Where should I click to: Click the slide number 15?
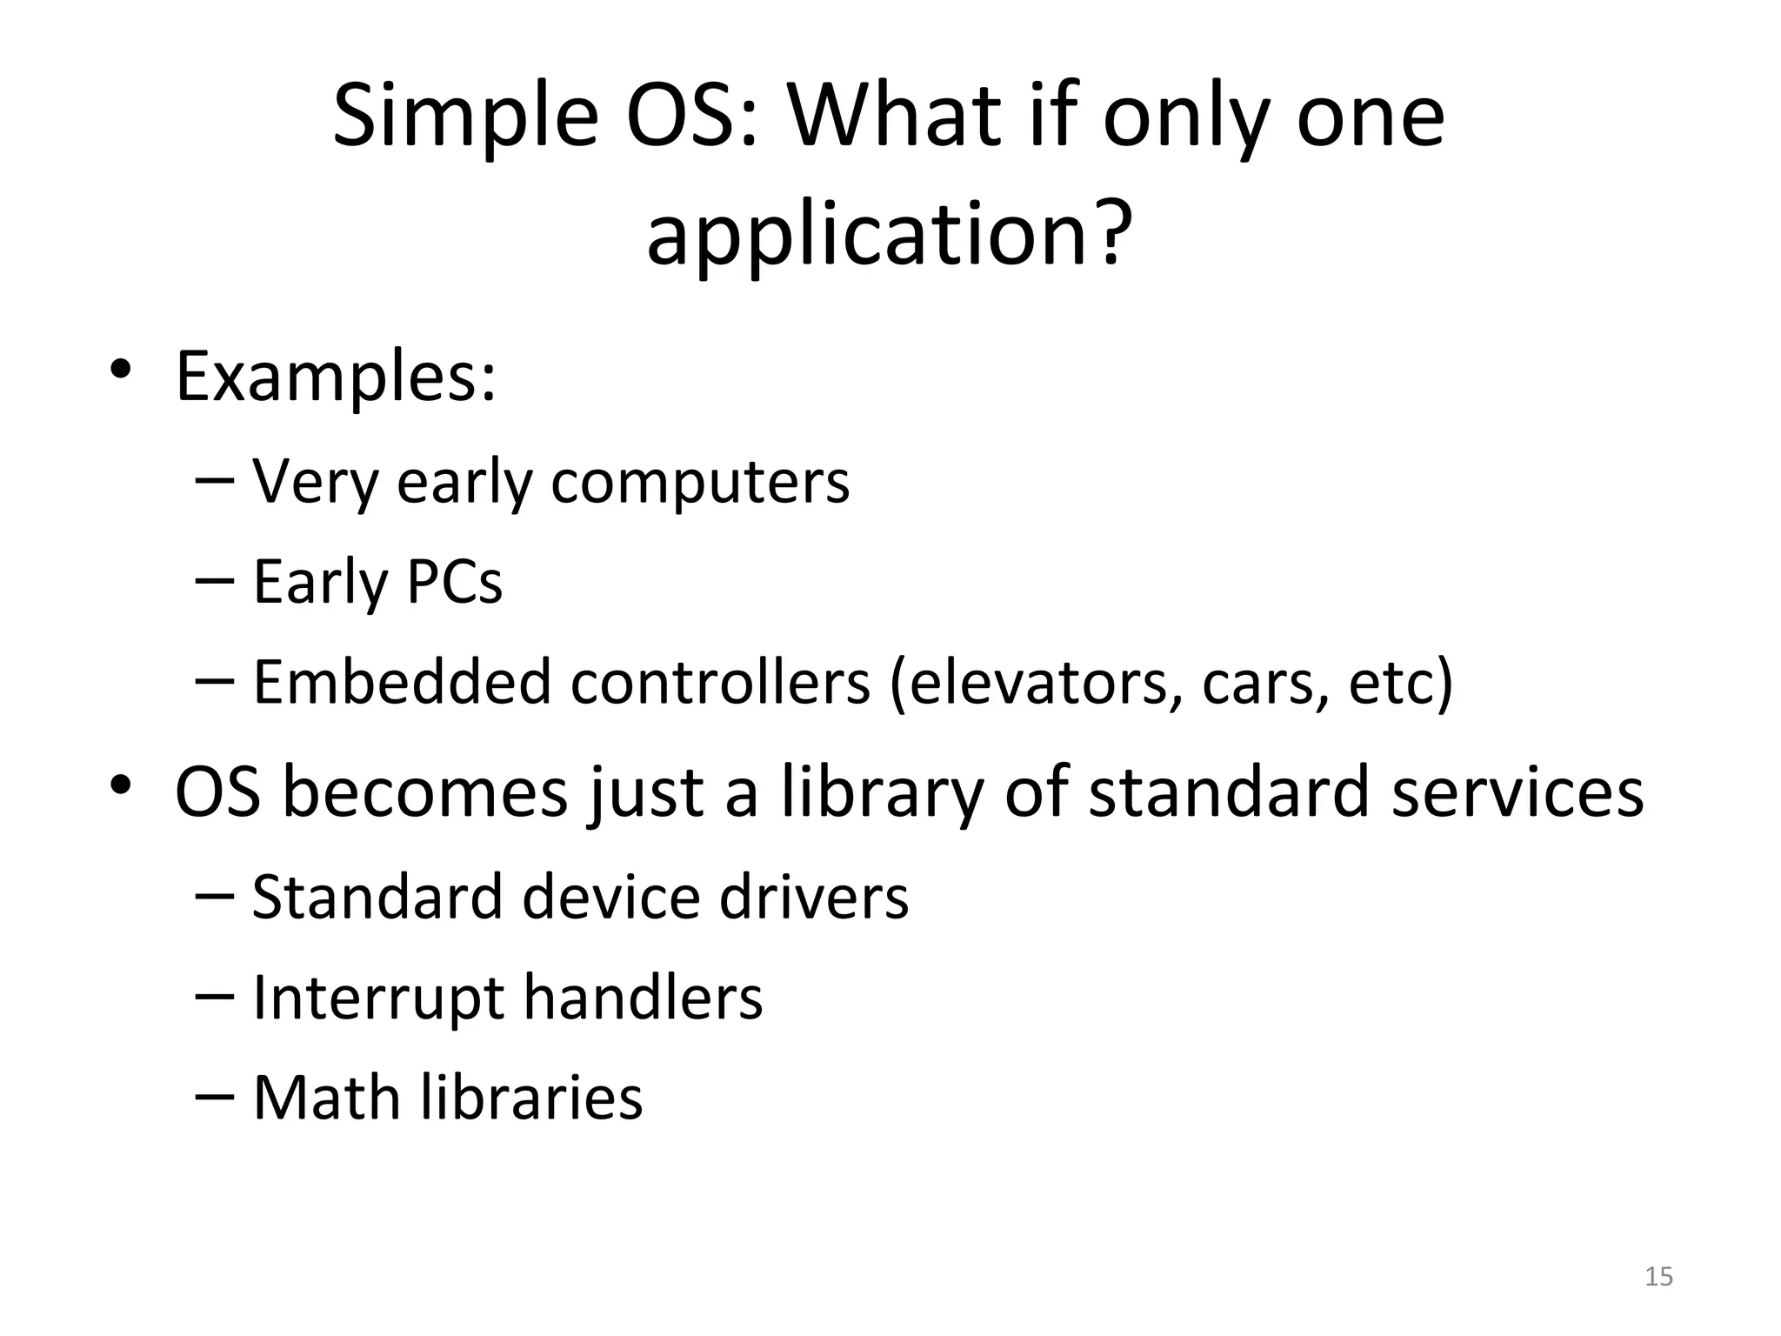click(1658, 1277)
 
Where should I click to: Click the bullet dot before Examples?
click(121, 371)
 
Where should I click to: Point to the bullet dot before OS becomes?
click(121, 786)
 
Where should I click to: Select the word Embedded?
click(401, 682)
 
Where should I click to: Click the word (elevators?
click(1035, 682)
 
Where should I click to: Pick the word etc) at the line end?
click(1400, 682)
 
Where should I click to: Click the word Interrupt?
click(377, 998)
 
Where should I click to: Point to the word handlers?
click(643, 998)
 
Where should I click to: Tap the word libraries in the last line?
click(531, 1098)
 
